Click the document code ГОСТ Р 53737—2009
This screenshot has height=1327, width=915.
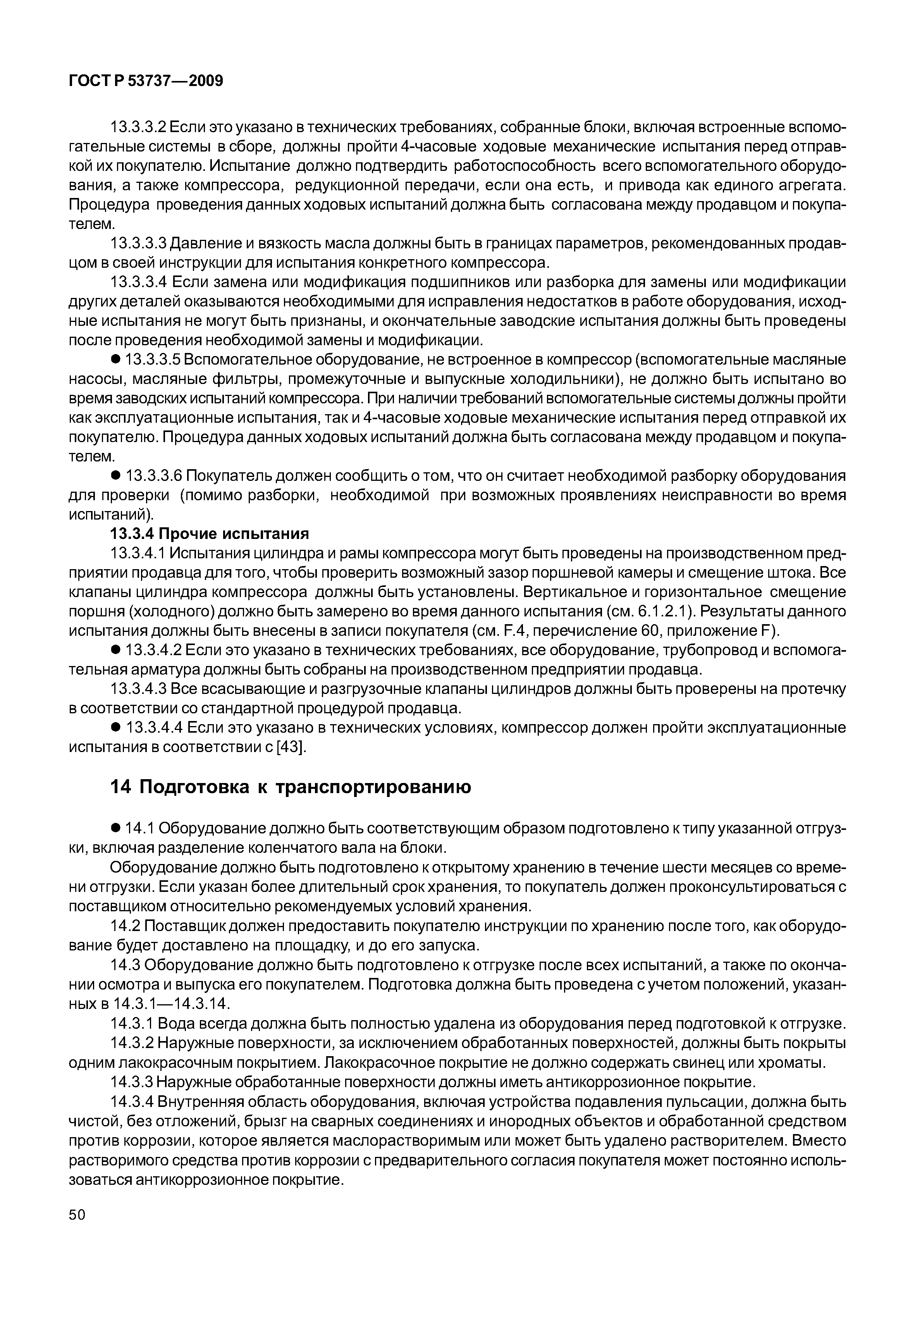pyautogui.click(x=146, y=81)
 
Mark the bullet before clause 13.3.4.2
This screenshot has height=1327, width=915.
pyautogui.click(x=115, y=650)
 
